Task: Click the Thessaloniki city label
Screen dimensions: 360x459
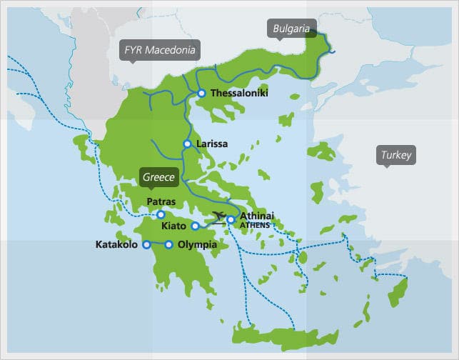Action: click(x=238, y=93)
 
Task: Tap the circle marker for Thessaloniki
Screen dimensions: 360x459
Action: click(x=202, y=93)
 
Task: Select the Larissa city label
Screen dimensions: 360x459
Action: click(x=211, y=144)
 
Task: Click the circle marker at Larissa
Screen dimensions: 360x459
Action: click(x=187, y=144)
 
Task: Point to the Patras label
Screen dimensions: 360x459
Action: click(x=161, y=202)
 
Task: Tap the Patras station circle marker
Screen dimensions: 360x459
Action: click(x=161, y=214)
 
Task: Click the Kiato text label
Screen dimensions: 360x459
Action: click(x=175, y=226)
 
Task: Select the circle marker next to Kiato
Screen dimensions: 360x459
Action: click(x=196, y=226)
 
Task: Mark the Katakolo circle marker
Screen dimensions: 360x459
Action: click(x=146, y=245)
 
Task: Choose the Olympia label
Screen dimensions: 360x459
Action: click(x=197, y=245)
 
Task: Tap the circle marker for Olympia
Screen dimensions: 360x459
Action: click(x=169, y=245)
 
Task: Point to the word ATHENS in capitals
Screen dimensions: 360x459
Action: click(x=255, y=225)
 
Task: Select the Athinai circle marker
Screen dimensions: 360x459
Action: click(x=231, y=220)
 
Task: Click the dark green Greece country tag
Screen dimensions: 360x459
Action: click(x=158, y=177)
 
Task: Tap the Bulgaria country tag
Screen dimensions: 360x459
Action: click(x=291, y=29)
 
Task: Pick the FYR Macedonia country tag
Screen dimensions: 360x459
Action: click(x=160, y=50)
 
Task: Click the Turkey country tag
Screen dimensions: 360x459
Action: click(x=395, y=155)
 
